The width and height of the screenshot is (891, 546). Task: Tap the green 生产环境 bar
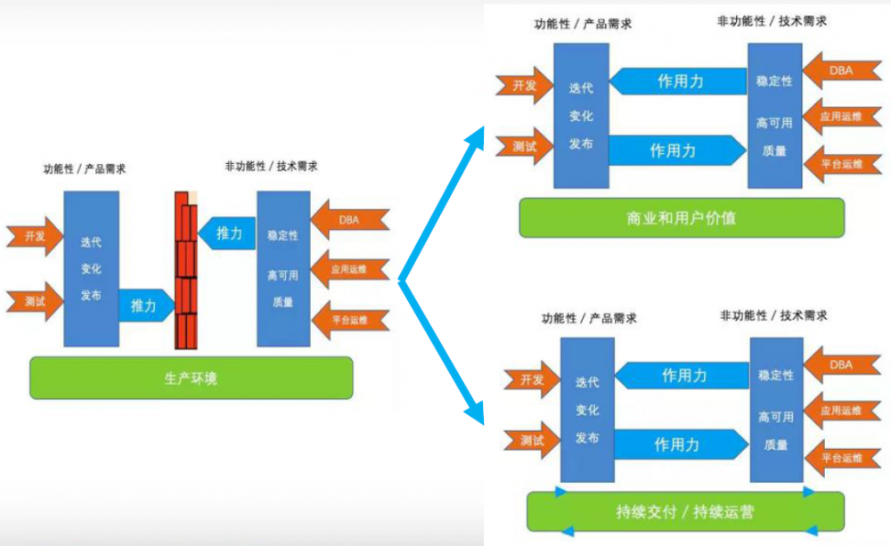pos(191,378)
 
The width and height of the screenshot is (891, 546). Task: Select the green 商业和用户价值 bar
pos(682,216)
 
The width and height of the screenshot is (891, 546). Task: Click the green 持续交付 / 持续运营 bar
pos(684,511)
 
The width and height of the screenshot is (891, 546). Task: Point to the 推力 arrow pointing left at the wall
pos(225,234)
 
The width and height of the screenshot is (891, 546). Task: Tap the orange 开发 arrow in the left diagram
pos(34,236)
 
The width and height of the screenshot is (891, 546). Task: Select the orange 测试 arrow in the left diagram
pos(34,303)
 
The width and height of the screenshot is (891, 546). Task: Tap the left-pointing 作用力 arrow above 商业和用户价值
pos(679,81)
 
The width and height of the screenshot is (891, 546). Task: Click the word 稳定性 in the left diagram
pos(282,236)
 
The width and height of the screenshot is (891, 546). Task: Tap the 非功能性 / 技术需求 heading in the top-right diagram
pos(772,20)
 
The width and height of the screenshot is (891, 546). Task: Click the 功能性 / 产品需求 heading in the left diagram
pos(85,169)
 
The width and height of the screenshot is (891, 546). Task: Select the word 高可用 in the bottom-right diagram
pos(776,416)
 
